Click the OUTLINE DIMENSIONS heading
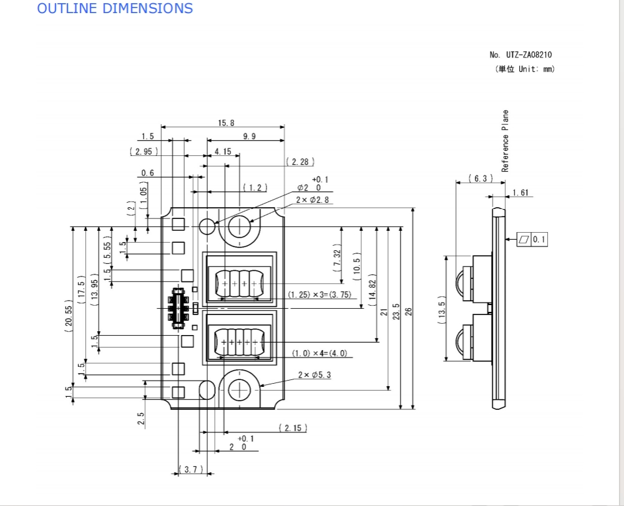click(115, 8)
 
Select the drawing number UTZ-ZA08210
click(529, 54)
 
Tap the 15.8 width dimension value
click(226, 123)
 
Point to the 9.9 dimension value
click(250, 137)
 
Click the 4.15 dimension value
click(223, 152)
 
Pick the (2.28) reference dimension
click(300, 162)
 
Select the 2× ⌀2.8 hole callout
click(313, 200)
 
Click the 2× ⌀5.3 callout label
click(314, 375)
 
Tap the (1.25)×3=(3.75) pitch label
click(319, 294)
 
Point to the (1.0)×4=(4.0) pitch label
click(319, 353)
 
